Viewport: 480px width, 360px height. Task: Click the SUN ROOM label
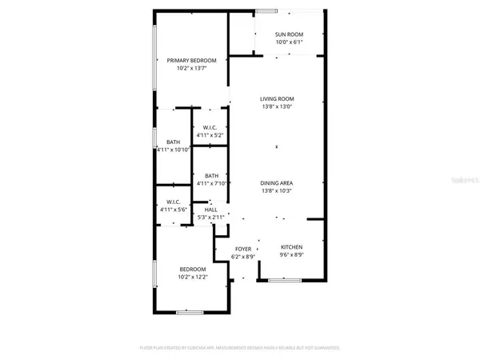[288, 34]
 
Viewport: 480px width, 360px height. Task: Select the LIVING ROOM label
[276, 99]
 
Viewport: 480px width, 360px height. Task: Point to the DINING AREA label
[276, 183]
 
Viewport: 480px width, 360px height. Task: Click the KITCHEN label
[291, 248]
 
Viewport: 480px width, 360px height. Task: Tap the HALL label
[211, 210]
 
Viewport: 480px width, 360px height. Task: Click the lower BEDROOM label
[192, 269]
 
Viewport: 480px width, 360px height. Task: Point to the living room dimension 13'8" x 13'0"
[276, 107]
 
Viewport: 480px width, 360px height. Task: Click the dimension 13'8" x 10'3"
[276, 191]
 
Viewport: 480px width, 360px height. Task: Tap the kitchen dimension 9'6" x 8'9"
[291, 256]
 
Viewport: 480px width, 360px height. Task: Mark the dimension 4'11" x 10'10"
[172, 150]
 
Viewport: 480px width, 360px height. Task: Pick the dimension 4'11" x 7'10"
[211, 184]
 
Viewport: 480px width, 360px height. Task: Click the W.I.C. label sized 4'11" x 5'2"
[210, 128]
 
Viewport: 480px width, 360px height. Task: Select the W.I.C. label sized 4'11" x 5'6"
[173, 202]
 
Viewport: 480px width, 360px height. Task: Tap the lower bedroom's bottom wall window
[188, 312]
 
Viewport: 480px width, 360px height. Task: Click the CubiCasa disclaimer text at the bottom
[240, 349]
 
